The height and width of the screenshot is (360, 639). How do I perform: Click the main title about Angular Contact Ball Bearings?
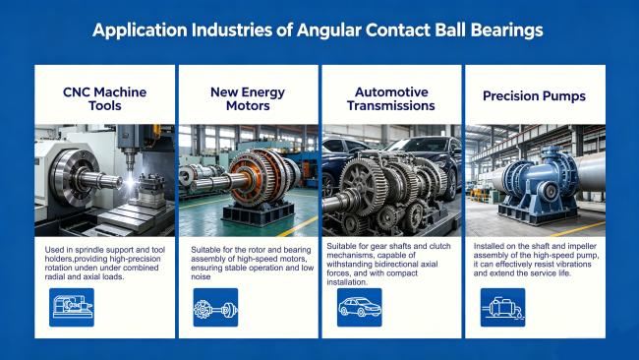click(x=318, y=30)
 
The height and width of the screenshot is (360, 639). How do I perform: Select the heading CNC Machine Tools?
click(x=105, y=98)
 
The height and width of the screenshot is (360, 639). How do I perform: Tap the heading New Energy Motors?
click(x=248, y=98)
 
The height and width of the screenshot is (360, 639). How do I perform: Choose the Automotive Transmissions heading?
click(x=391, y=98)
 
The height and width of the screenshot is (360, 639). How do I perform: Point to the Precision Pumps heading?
click(x=534, y=96)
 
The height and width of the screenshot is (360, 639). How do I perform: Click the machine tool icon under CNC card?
click(x=72, y=308)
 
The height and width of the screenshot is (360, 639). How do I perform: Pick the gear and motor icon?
click(x=215, y=308)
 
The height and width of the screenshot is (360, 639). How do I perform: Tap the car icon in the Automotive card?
click(x=360, y=308)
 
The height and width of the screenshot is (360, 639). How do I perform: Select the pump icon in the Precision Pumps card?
click(x=503, y=308)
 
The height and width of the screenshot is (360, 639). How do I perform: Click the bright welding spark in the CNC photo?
click(x=130, y=182)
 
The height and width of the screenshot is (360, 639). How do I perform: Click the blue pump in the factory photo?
click(x=537, y=184)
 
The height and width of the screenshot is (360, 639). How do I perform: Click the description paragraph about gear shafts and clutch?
click(x=388, y=265)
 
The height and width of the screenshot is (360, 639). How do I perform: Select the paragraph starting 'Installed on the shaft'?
click(x=537, y=260)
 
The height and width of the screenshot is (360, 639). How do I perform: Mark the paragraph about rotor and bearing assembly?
click(x=253, y=263)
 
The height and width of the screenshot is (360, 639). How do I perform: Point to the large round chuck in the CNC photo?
click(x=77, y=176)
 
